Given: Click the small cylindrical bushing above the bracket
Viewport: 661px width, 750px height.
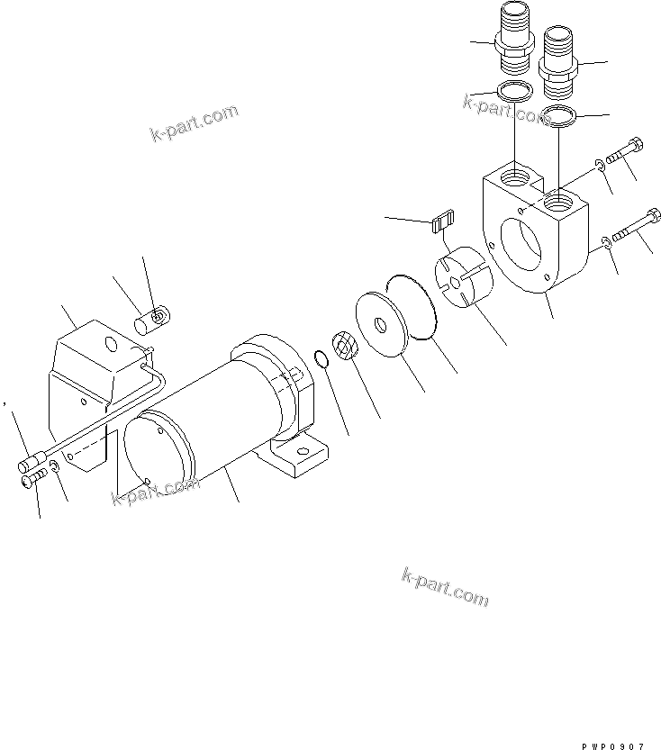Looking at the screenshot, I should [x=150, y=320].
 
